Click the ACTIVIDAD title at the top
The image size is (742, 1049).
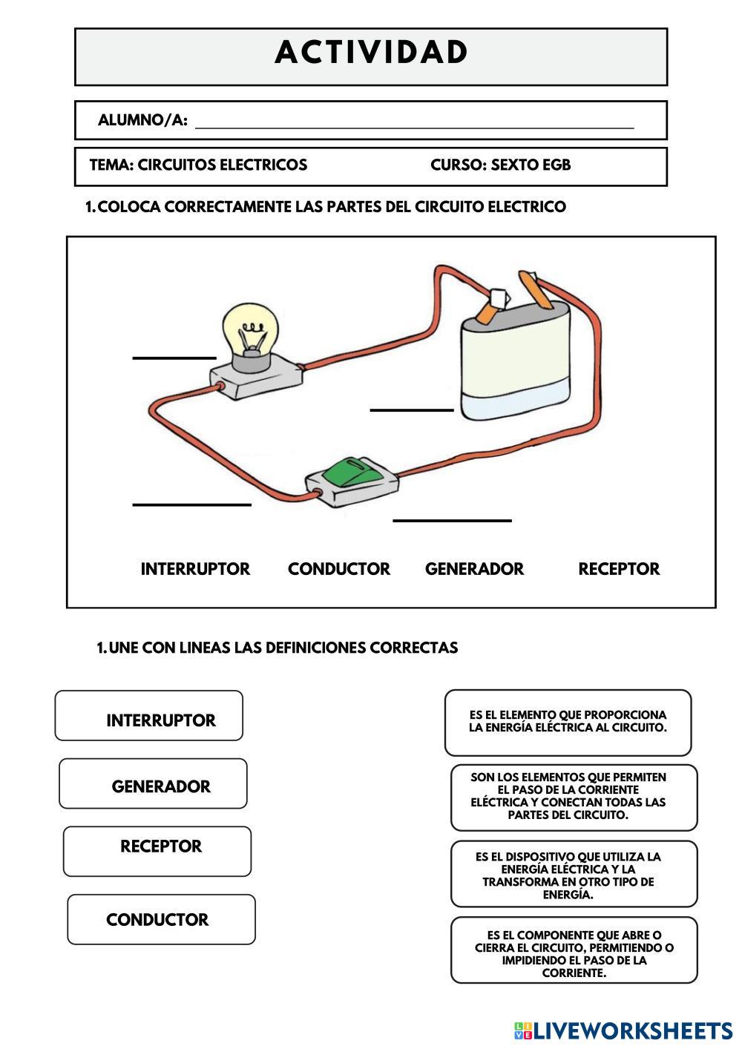tap(371, 53)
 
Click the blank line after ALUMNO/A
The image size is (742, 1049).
tap(414, 126)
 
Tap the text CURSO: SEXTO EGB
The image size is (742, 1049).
tap(500, 165)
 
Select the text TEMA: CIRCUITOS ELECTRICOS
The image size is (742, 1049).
tap(198, 165)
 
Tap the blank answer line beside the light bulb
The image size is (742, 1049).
tap(174, 357)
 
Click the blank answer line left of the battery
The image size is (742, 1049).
tap(411, 408)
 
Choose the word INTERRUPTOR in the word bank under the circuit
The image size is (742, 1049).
tap(195, 569)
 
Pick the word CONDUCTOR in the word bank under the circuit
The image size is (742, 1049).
tap(338, 569)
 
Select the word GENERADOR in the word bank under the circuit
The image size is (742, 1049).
tap(474, 569)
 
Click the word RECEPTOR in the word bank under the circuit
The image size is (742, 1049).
tap(619, 569)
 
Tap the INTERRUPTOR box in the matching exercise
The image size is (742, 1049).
tap(149, 716)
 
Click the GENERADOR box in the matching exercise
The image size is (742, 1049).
tap(153, 783)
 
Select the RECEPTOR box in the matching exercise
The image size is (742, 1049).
tap(157, 851)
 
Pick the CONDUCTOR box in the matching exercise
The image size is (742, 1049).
tap(161, 919)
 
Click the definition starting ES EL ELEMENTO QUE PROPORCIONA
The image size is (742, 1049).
tap(568, 722)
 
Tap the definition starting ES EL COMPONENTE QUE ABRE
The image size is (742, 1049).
tap(574, 950)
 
